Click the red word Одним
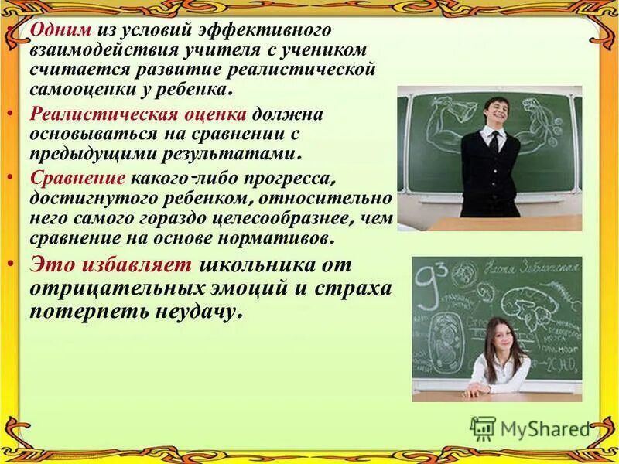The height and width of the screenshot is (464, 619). point(62,30)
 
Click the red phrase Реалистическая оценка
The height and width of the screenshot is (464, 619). point(139,114)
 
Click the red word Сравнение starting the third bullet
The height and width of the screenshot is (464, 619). point(67,177)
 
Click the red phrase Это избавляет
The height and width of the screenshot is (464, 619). point(111,264)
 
